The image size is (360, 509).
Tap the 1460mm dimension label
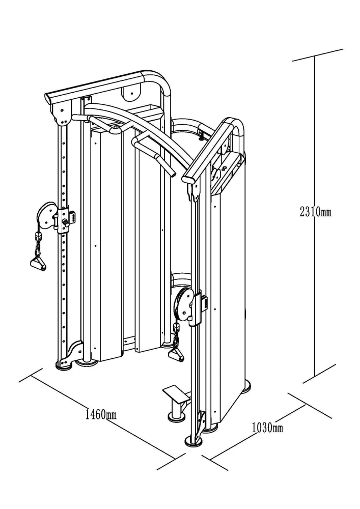click(x=101, y=414)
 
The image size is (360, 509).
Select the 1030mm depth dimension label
click(x=268, y=428)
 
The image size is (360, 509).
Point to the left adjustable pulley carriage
click(x=66, y=218)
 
